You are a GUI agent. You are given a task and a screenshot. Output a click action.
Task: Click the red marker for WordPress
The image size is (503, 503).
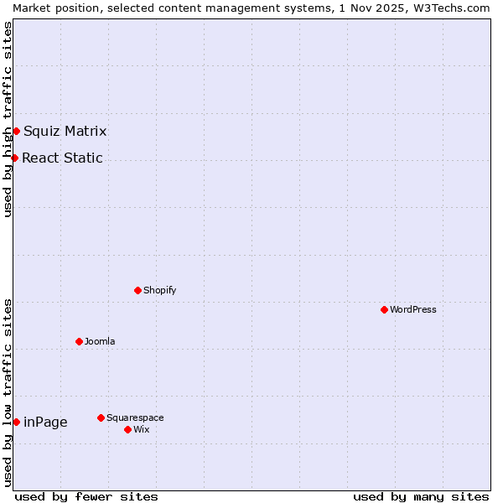(x=384, y=309)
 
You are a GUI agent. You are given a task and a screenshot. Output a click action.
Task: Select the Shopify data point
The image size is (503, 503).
(x=137, y=290)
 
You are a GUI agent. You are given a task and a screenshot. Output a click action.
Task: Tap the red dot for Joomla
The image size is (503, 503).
(x=79, y=341)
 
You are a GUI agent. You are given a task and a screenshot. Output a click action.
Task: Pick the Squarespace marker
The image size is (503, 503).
(x=101, y=417)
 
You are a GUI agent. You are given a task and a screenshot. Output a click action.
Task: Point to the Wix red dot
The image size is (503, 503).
(x=127, y=429)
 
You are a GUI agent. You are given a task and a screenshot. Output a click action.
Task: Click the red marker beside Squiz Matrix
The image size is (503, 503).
(x=16, y=131)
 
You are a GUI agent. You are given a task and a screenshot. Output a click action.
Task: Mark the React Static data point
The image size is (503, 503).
(x=14, y=158)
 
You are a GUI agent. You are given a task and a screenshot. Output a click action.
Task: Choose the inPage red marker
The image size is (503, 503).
(x=16, y=422)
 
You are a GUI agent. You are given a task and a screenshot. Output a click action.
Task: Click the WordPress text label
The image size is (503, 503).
(x=413, y=309)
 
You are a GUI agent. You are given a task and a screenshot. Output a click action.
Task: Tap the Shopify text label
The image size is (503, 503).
(x=160, y=290)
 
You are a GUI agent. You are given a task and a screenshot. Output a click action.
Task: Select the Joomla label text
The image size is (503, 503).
(x=100, y=341)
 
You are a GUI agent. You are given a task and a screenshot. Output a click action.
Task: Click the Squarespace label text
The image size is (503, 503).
(x=135, y=417)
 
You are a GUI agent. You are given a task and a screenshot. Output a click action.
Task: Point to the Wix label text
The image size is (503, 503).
(x=141, y=429)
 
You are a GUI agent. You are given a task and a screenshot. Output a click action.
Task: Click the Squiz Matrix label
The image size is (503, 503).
(x=65, y=131)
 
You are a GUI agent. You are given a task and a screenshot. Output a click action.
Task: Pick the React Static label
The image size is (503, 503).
(x=62, y=158)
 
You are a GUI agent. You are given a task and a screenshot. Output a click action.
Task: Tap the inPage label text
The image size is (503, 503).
(x=45, y=422)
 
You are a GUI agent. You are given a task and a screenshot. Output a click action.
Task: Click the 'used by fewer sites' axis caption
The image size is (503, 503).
(x=86, y=496)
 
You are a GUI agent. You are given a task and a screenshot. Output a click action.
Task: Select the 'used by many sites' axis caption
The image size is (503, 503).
(x=421, y=496)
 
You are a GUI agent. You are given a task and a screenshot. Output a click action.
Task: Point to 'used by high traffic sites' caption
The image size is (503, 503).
(x=8, y=119)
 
